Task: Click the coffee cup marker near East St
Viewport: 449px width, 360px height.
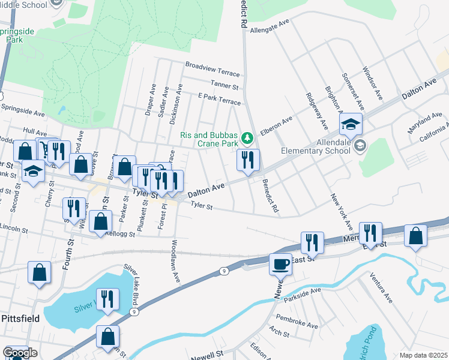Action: tap(280, 264)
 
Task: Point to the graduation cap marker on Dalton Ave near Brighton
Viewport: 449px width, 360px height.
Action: tap(351, 125)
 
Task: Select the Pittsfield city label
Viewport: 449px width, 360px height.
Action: tap(20, 318)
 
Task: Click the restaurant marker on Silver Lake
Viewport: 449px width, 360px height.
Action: tap(107, 299)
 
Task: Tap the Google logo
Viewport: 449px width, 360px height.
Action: tap(20, 353)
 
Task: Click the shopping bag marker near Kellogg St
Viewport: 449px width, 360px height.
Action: tap(100, 221)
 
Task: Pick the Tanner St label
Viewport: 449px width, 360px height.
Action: tap(225, 83)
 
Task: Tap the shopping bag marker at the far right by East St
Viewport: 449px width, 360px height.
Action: tap(416, 236)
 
